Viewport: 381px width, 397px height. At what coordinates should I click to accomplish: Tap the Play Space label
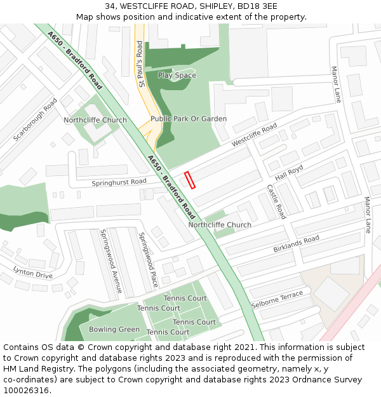[177, 76]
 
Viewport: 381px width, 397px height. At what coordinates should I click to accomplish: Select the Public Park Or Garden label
[189, 119]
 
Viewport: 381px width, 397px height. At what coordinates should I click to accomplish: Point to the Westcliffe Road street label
[254, 135]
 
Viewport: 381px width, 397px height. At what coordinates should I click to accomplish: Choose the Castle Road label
[276, 202]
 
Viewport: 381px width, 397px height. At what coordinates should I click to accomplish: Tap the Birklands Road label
[296, 245]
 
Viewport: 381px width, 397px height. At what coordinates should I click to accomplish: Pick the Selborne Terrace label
[277, 300]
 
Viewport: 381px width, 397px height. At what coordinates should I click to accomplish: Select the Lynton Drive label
[33, 273]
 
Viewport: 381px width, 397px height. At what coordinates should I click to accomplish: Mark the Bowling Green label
[114, 330]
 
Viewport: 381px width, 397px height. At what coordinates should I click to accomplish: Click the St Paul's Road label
[140, 64]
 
